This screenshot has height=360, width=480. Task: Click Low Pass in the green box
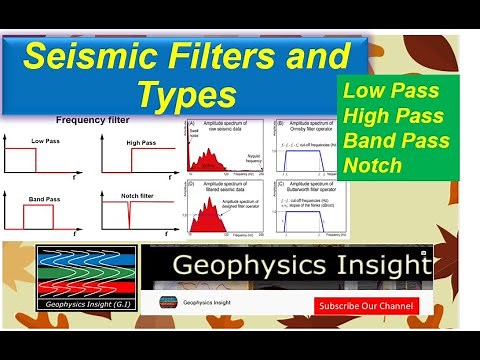[x=385, y=89]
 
